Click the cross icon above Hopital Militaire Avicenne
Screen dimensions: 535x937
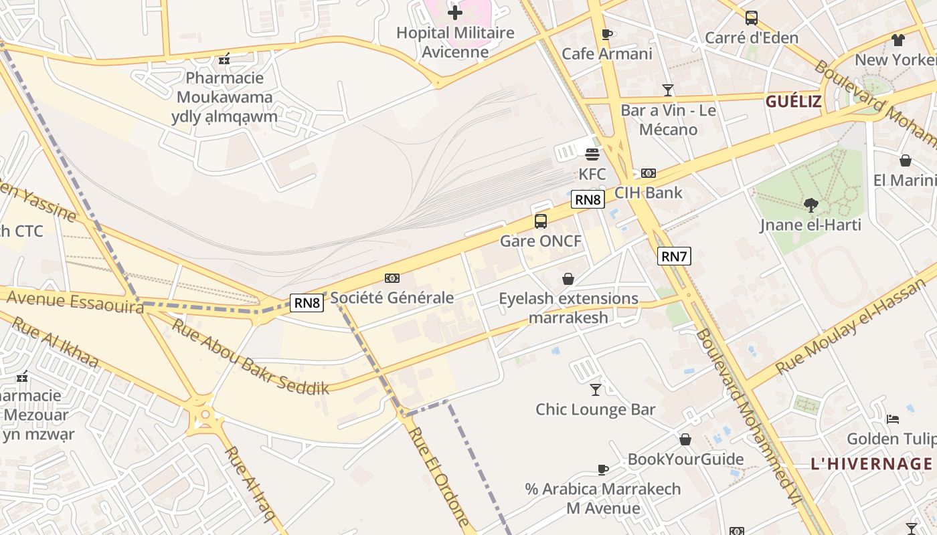(x=455, y=13)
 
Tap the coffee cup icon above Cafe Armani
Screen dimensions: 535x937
(x=607, y=34)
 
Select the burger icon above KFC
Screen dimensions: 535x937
(x=592, y=154)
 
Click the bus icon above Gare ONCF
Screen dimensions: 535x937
(x=541, y=221)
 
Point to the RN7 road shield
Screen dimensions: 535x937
(x=673, y=255)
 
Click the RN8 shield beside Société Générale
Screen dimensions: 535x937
(x=307, y=303)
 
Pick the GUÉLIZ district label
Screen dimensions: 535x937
(x=793, y=102)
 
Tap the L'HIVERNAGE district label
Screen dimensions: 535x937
(x=871, y=463)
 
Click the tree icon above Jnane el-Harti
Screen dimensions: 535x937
(x=811, y=205)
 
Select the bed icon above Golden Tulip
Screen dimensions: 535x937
(x=892, y=419)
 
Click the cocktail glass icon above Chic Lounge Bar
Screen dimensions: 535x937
(x=596, y=389)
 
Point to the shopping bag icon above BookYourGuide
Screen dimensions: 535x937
(x=685, y=439)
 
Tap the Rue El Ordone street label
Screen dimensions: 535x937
(x=439, y=476)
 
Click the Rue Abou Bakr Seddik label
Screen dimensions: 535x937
(x=251, y=356)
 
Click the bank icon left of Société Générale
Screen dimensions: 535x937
(x=392, y=278)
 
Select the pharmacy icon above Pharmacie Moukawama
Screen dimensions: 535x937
(x=224, y=60)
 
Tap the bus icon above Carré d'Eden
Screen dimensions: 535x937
(x=752, y=18)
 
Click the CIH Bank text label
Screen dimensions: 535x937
(x=648, y=193)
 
